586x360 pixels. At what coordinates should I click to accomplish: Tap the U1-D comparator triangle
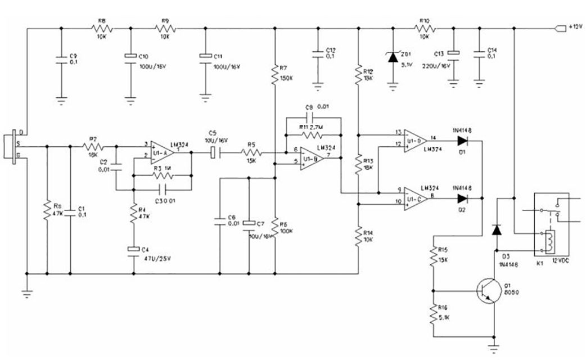coord(415,141)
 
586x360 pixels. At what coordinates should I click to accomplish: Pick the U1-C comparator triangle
coord(415,198)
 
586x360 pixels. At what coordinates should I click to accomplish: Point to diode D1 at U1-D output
coord(463,141)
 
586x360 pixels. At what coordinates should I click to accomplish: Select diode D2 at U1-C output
coord(463,198)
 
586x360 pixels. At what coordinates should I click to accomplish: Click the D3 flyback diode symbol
coord(495,229)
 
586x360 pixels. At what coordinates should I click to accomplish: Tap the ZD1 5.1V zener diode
coord(393,56)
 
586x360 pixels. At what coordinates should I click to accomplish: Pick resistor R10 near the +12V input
coord(423,28)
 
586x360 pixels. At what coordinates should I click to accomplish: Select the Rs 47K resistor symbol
coord(47,210)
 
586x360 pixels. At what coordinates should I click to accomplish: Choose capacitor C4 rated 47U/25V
coord(133,249)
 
